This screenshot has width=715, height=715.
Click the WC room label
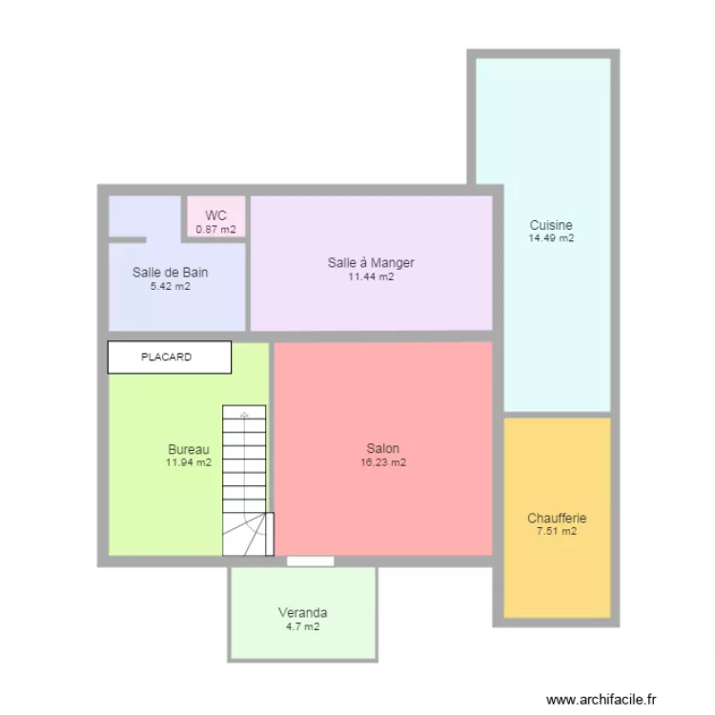(x=215, y=215)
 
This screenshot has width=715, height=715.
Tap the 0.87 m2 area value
(x=215, y=230)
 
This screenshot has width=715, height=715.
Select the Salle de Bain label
(x=170, y=272)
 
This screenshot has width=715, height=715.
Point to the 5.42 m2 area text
(x=170, y=285)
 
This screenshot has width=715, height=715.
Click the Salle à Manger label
(x=371, y=262)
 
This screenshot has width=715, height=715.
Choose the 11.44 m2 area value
(x=371, y=276)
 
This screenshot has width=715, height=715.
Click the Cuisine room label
(x=551, y=225)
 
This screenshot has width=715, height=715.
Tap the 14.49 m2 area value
(x=551, y=238)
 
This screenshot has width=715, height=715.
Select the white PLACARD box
(x=169, y=357)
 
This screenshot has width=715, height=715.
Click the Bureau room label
(x=189, y=449)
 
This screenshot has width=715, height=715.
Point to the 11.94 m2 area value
(x=189, y=462)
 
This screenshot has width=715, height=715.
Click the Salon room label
(x=382, y=448)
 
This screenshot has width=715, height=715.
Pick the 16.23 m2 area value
(x=382, y=462)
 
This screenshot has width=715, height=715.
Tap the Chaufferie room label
(x=557, y=519)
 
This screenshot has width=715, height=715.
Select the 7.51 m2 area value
(x=557, y=532)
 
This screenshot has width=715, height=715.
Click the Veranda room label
(x=302, y=612)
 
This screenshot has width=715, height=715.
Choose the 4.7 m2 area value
(x=302, y=626)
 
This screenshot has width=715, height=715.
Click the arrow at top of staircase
(x=245, y=416)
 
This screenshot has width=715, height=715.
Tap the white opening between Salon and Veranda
(x=311, y=562)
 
